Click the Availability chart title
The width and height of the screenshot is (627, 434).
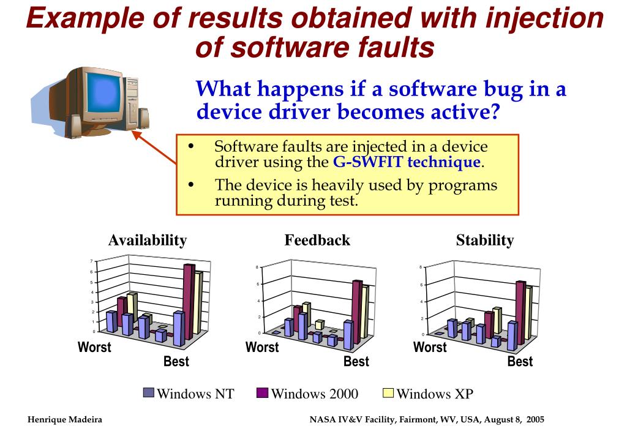(x=147, y=241)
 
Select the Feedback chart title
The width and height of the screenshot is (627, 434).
(x=317, y=241)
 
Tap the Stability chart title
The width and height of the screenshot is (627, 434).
(x=484, y=241)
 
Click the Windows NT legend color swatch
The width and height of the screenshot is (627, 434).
(x=149, y=393)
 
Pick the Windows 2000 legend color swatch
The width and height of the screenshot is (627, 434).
(x=263, y=393)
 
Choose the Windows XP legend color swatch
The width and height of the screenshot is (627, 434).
(x=388, y=393)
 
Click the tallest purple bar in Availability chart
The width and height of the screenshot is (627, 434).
(x=189, y=300)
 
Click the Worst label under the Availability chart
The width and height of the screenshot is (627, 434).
(x=94, y=348)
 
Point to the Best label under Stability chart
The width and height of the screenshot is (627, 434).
(x=520, y=362)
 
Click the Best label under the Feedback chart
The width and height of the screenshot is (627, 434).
(x=356, y=362)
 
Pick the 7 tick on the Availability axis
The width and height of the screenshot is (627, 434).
(x=92, y=262)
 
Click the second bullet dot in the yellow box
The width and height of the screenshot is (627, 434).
(x=192, y=185)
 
